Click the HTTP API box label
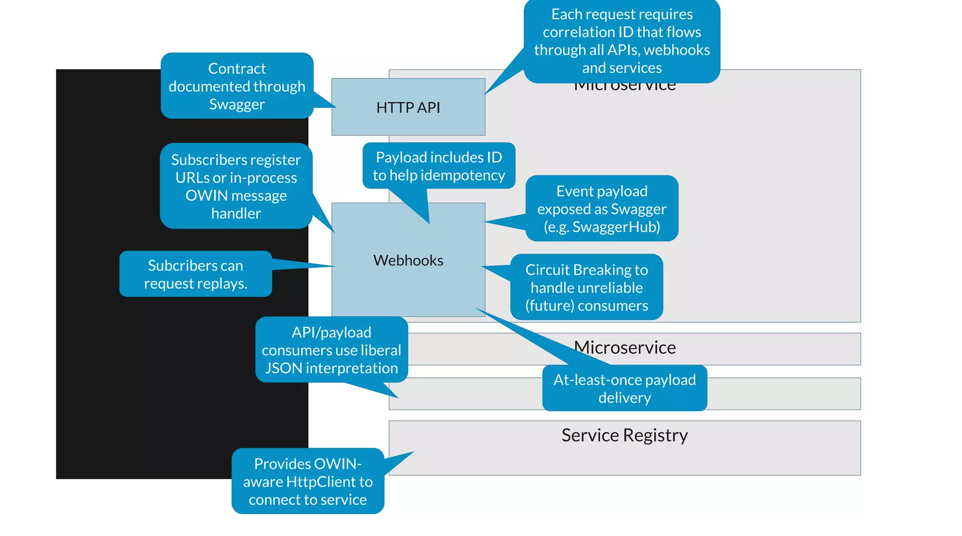408,108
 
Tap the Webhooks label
408,260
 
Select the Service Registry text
624,435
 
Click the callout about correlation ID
622,41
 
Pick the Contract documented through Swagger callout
237,86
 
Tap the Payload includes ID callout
439,166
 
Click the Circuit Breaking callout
586,287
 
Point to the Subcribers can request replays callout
195,274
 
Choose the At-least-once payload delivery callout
624,388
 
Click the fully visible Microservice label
624,348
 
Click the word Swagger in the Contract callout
237,104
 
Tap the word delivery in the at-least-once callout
624,398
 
